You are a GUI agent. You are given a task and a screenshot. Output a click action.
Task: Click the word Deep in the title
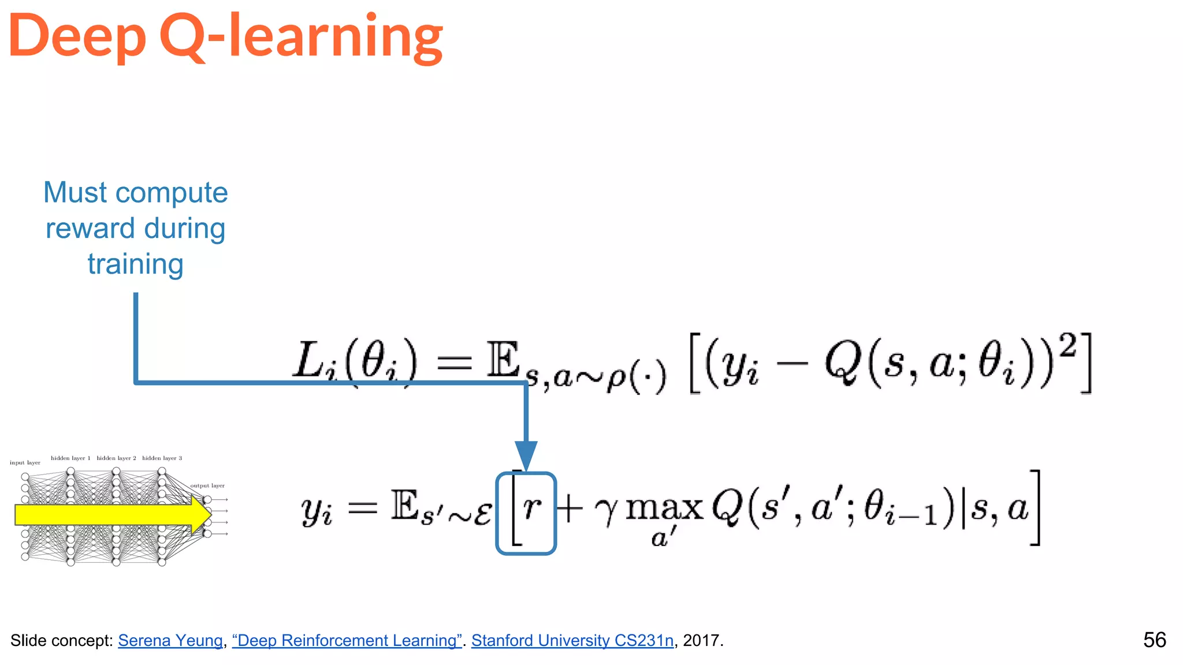tap(77, 36)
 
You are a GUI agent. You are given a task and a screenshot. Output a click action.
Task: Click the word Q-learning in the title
tap(300, 36)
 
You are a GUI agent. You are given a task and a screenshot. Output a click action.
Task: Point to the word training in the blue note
tap(136, 264)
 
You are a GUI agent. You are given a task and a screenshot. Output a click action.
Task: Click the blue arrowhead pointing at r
tap(526, 455)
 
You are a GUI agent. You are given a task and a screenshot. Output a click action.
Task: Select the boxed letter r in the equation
tap(531, 508)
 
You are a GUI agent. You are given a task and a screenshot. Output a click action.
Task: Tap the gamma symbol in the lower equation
tap(606, 510)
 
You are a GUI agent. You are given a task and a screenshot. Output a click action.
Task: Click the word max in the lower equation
tap(664, 508)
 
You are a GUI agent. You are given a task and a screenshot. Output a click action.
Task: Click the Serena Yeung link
tap(170, 640)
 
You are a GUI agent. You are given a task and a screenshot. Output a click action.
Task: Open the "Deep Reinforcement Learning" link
tap(347, 640)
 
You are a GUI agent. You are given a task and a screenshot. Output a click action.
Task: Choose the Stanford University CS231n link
tap(572, 640)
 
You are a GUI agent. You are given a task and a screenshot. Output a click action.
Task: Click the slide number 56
tap(1154, 640)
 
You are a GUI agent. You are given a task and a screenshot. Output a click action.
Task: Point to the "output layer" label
tap(207, 485)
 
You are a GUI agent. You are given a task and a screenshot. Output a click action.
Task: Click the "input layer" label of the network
tap(25, 462)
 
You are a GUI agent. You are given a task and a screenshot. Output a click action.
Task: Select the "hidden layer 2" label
tap(116, 458)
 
